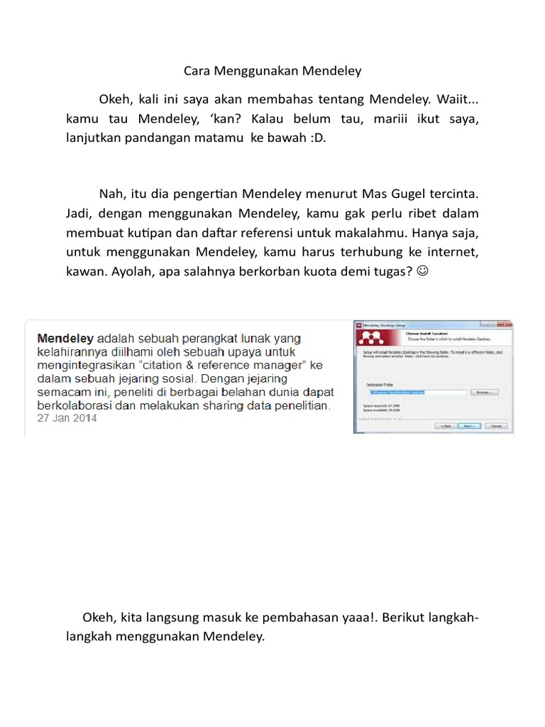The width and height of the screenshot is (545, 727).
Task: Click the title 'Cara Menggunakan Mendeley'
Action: (x=272, y=71)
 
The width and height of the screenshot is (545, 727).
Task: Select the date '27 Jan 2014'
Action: (x=67, y=418)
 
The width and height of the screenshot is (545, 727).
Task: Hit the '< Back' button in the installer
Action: (x=446, y=426)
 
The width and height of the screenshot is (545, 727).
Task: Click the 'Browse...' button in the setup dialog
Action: (x=485, y=392)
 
